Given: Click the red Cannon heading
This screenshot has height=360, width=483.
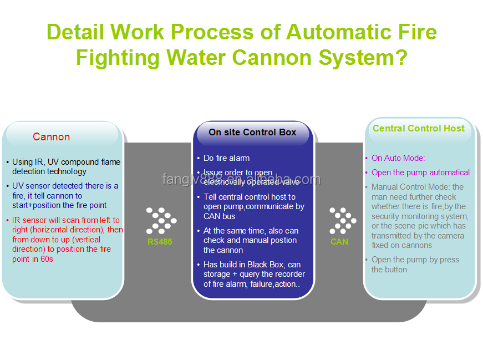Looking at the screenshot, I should tap(51, 137).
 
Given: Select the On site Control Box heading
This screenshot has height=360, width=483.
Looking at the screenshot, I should tap(252, 133).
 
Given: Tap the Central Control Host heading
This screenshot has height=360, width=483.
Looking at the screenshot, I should tap(418, 129).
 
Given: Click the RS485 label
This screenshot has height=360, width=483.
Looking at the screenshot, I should tap(160, 242).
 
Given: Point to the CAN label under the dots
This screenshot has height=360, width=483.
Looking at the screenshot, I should tap(339, 241).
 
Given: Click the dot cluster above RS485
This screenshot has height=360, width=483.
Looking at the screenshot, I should tap(161, 220).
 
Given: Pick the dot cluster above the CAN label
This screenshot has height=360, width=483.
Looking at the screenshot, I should tap(342, 220).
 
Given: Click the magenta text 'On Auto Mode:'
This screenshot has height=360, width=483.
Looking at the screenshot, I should tap(398, 158).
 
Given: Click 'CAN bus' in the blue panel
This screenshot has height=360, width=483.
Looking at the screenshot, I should tap(219, 216).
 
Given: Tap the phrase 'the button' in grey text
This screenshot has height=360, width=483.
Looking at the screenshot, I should tap(389, 270).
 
